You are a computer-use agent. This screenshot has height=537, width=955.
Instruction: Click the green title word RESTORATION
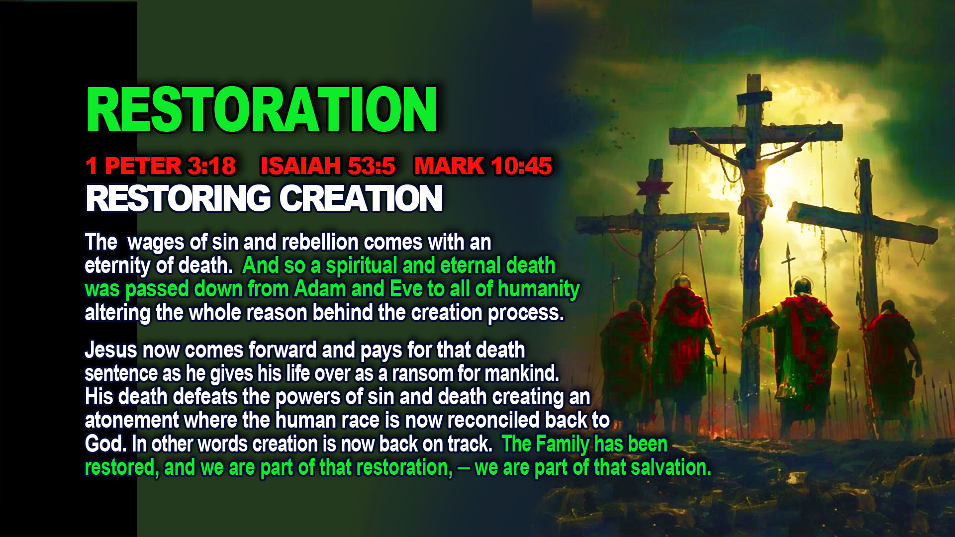(x=262, y=109)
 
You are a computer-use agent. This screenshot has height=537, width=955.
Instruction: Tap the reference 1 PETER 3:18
(x=160, y=166)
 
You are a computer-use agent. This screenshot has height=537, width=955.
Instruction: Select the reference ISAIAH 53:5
(x=328, y=166)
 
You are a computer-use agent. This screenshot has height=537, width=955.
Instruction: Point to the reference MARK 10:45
(x=483, y=166)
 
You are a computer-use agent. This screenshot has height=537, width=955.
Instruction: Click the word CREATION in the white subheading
(x=361, y=198)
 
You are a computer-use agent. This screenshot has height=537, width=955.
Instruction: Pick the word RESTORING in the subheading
(x=178, y=198)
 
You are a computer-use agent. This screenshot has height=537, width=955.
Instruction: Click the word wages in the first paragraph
(x=156, y=243)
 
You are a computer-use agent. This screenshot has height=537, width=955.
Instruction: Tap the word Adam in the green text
(x=319, y=289)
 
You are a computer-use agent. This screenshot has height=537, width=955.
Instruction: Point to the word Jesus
(x=110, y=350)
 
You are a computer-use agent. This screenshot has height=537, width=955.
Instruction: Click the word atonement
(x=131, y=421)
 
